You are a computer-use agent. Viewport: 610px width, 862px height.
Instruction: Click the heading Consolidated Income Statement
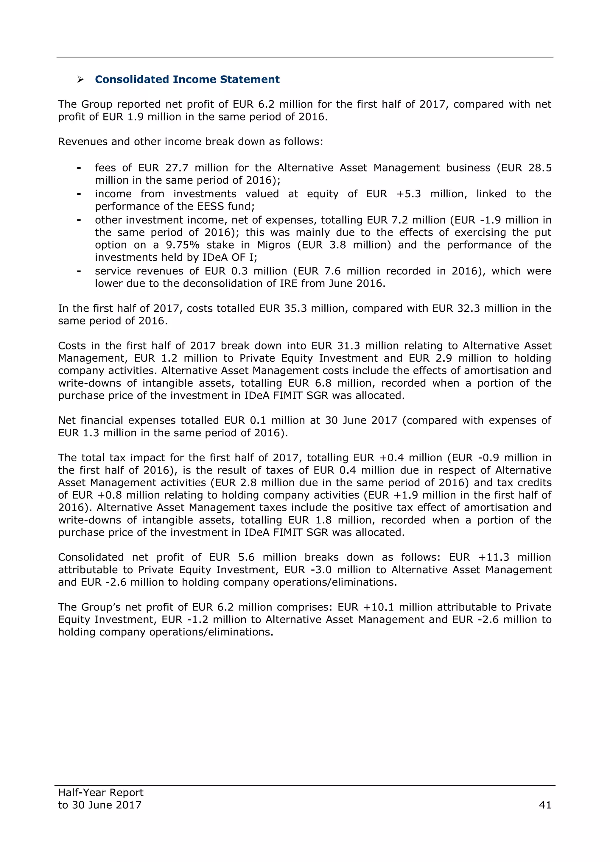(187, 79)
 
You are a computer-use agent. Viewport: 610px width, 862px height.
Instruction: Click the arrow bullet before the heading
(80, 79)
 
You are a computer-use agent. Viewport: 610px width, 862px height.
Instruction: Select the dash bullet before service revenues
(79, 271)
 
